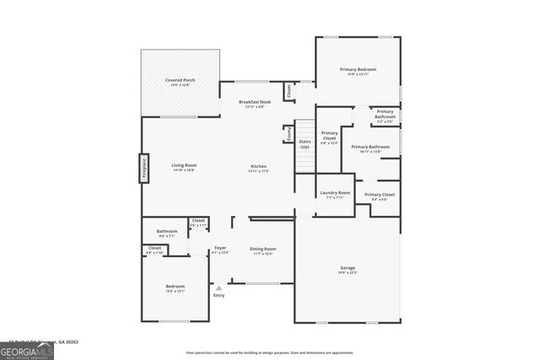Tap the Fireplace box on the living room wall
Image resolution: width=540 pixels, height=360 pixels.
click(x=143, y=169)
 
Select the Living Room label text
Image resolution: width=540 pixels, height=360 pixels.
click(x=184, y=167)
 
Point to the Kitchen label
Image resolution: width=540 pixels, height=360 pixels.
click(x=258, y=169)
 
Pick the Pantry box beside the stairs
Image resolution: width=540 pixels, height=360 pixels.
click(x=288, y=134)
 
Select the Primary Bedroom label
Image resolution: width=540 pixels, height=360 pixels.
click(x=358, y=71)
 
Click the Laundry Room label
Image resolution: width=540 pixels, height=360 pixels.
click(x=335, y=195)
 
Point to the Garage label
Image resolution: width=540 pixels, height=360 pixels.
click(x=348, y=270)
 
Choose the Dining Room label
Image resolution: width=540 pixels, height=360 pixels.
click(x=262, y=250)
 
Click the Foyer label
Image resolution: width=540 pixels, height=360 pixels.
click(x=219, y=250)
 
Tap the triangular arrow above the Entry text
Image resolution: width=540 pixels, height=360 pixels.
click(x=219, y=287)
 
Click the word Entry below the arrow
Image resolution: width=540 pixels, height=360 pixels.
click(x=219, y=295)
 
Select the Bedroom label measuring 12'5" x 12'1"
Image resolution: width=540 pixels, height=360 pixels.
click(x=175, y=288)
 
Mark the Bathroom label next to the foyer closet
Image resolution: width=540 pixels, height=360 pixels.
click(x=166, y=234)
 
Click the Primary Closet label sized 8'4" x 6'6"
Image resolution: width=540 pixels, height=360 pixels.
click(x=379, y=196)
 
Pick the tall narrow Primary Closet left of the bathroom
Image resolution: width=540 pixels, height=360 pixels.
click(x=329, y=137)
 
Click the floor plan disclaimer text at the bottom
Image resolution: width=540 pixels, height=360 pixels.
click(x=270, y=352)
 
